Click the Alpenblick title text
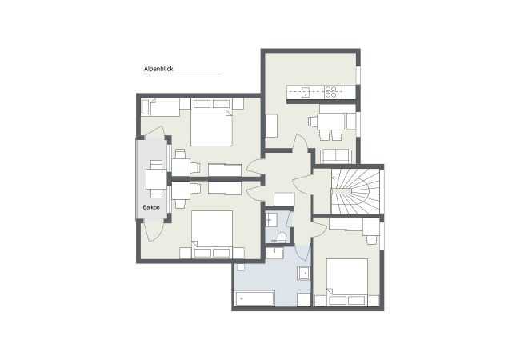tap(158, 69)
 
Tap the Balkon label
tap(151, 207)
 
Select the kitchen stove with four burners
tap(331, 92)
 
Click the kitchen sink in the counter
tap(306, 92)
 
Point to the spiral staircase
tap(355, 191)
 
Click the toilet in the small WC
tap(282, 238)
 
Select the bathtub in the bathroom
tap(254, 298)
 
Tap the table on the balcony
tap(155, 179)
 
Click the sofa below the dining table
tap(336, 156)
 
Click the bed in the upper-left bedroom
tap(211, 127)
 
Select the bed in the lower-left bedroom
tap(212, 230)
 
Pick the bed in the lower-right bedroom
tap(347, 278)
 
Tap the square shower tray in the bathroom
tap(304, 273)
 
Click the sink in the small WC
tap(271, 219)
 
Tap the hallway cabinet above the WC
tap(284, 199)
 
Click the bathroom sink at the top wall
tap(274, 254)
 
